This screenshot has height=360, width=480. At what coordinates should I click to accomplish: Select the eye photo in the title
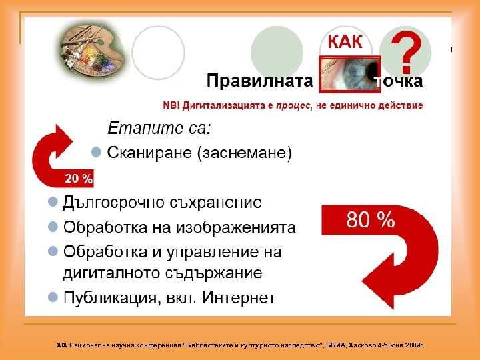click(x=349, y=73)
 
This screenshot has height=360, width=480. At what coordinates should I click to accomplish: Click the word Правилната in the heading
click(x=260, y=81)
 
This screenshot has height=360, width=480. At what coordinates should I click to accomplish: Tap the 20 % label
click(x=79, y=179)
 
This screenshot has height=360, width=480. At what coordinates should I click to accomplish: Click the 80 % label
click(x=370, y=220)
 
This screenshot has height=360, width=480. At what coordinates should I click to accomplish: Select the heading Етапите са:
click(x=159, y=127)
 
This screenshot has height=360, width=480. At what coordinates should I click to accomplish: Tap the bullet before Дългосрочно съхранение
click(x=52, y=201)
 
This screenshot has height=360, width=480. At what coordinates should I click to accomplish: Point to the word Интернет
click(x=240, y=297)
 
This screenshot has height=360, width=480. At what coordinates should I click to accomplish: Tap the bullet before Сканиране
click(x=96, y=153)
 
